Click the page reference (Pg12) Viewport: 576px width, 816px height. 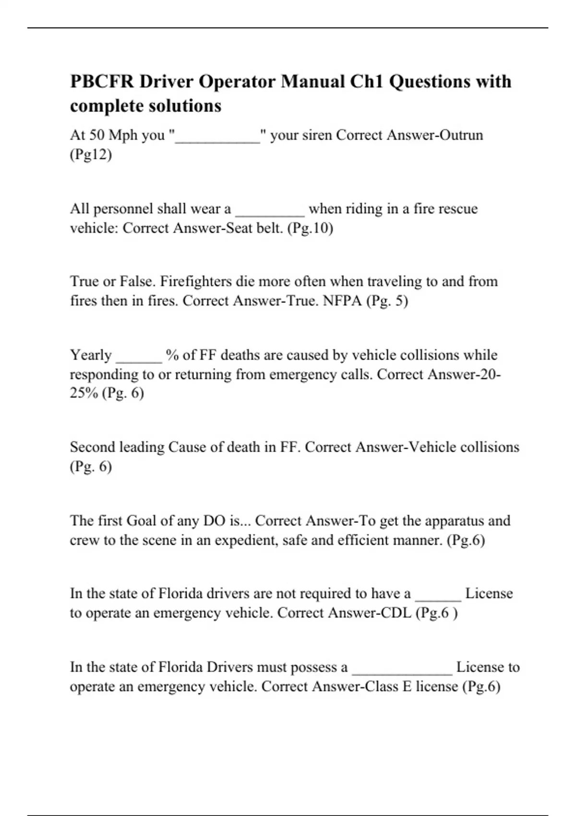tap(91, 155)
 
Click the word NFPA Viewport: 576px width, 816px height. tap(342, 301)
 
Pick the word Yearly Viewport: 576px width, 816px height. tap(91, 355)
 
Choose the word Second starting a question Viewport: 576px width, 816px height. tap(92, 447)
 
